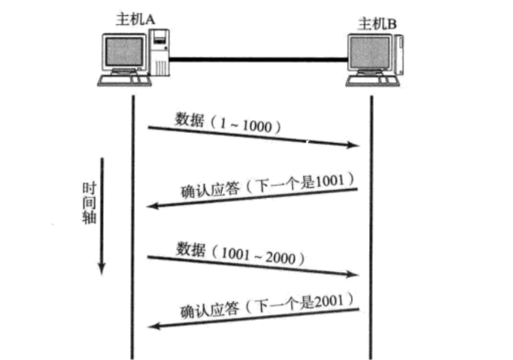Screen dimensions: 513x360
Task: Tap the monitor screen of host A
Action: pos(123,51)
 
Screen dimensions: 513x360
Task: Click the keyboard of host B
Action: pos(370,82)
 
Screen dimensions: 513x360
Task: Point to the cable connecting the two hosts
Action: pos(256,60)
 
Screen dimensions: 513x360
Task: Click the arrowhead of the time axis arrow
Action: pos(102,268)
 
